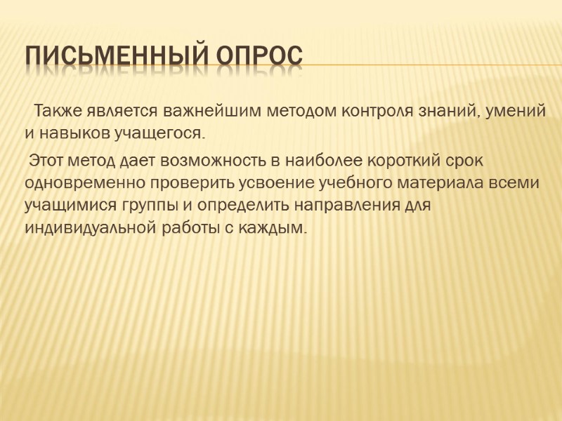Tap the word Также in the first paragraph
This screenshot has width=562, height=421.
click(x=58, y=111)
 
